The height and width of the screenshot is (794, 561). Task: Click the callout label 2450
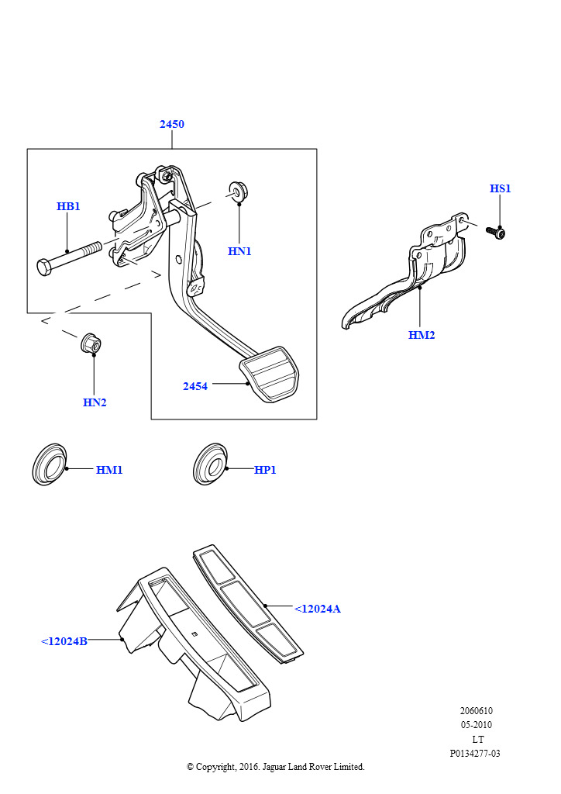[172, 124]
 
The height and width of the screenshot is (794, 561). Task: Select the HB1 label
[68, 206]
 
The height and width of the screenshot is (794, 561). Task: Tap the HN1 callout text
[239, 251]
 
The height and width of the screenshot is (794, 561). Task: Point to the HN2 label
[95, 402]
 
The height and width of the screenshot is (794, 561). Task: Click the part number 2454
[195, 386]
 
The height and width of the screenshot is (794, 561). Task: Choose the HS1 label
[501, 188]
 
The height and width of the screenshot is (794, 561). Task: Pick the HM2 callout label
[422, 335]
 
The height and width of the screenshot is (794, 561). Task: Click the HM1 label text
[109, 470]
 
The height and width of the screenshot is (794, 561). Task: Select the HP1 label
[265, 470]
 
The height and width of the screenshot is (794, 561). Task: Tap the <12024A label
[318, 609]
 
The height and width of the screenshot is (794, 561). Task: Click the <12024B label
[64, 641]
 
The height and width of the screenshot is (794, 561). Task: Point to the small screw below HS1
[496, 231]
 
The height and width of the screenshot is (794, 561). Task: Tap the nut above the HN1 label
[238, 191]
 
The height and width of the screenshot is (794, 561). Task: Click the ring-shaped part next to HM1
[50, 465]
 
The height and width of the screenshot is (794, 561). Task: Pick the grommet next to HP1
[210, 465]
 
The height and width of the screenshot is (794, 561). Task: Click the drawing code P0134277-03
[475, 753]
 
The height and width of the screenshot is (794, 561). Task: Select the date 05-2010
[477, 725]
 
